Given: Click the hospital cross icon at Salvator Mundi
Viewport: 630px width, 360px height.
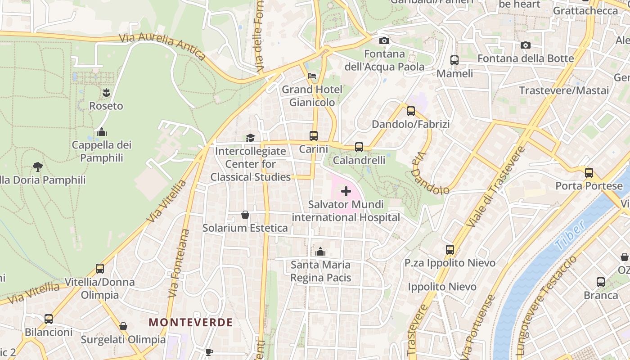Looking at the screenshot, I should tap(346, 192).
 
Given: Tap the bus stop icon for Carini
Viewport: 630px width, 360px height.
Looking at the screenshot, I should tap(314, 135).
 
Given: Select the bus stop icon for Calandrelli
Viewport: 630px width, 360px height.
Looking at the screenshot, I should tap(359, 147).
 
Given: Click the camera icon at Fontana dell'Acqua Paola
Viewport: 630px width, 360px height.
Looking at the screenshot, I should tap(384, 41).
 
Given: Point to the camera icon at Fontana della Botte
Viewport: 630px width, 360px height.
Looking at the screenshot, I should tap(525, 45).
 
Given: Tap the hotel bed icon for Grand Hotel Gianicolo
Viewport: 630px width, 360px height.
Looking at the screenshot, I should tap(312, 76).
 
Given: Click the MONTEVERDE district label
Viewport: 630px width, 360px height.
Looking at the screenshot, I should tap(191, 322).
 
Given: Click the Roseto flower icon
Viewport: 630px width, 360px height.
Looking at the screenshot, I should tap(106, 93).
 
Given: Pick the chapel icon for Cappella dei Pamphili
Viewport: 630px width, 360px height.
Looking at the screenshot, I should tap(102, 132).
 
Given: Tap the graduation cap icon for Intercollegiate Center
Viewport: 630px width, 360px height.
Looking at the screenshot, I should tap(250, 138).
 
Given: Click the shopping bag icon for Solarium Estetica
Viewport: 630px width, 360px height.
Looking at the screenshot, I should tap(245, 215).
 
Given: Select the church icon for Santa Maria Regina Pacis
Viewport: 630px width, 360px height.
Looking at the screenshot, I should tap(320, 252).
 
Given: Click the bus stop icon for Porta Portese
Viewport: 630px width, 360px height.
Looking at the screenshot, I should tap(589, 172).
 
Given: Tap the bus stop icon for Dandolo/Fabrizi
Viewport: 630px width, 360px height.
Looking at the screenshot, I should tap(411, 111).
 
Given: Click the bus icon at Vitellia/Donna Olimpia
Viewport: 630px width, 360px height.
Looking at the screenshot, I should tap(100, 269).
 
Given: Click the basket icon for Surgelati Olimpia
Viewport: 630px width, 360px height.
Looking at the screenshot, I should tap(123, 326).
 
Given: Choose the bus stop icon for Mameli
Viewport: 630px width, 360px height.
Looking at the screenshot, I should tap(454, 60).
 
